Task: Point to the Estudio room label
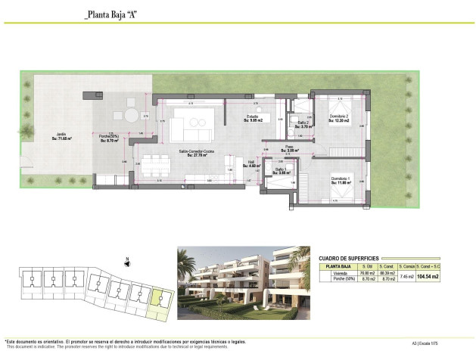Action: [253, 118]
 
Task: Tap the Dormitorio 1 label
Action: [342, 181]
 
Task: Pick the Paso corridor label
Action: [289, 150]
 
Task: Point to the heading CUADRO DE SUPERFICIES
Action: [348, 258]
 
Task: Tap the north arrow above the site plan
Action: [127, 262]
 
